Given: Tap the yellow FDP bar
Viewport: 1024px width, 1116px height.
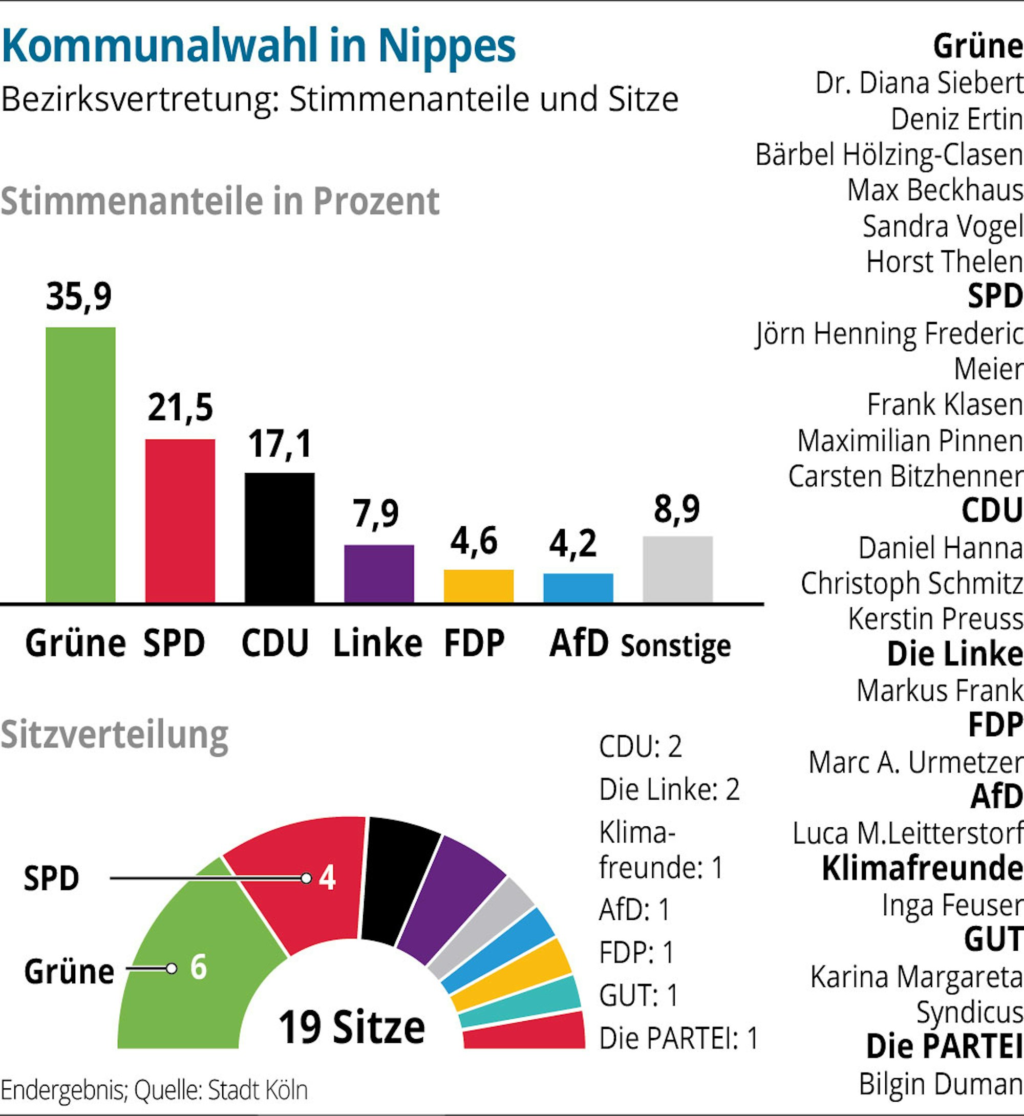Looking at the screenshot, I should point(478,586).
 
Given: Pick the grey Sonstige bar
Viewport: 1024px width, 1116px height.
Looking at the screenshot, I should point(677,569).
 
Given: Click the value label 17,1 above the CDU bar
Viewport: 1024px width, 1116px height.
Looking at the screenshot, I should point(280,444).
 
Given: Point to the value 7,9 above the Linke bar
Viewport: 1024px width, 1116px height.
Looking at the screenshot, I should point(376,513).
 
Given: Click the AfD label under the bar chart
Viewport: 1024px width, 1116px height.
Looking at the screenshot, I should point(579,643).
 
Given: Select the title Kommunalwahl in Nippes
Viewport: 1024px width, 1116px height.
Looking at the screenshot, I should point(259,46).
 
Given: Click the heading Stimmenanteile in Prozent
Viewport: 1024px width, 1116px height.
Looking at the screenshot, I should point(220,201).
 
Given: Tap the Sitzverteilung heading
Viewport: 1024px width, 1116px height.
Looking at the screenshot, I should point(115,735).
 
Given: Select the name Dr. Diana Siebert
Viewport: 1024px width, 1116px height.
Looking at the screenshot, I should point(919,83).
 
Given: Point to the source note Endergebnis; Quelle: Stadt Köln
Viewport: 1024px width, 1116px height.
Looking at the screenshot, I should point(154,1090).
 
